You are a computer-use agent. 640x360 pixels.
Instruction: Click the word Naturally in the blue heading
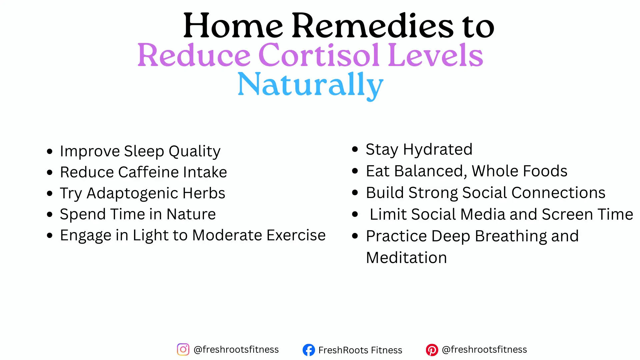[310, 85]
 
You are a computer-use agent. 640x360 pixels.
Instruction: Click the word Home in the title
[233, 26]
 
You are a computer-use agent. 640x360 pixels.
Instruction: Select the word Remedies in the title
[372, 26]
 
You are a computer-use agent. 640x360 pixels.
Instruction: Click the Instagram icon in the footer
[183, 350]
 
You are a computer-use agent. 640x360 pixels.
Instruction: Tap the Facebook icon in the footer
[309, 350]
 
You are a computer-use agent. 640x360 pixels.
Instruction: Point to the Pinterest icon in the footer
[432, 350]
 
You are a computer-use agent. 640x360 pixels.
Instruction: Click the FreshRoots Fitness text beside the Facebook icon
[360, 350]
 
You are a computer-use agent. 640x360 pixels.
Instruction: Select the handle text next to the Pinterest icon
[484, 349]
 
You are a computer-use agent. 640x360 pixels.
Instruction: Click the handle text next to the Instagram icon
[236, 349]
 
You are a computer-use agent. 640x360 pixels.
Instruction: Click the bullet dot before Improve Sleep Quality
[50, 152]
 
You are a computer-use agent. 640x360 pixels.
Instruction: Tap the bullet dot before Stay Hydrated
[355, 149]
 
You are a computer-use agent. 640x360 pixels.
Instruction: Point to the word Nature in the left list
[191, 214]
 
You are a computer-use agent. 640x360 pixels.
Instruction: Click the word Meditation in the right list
[406, 258]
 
